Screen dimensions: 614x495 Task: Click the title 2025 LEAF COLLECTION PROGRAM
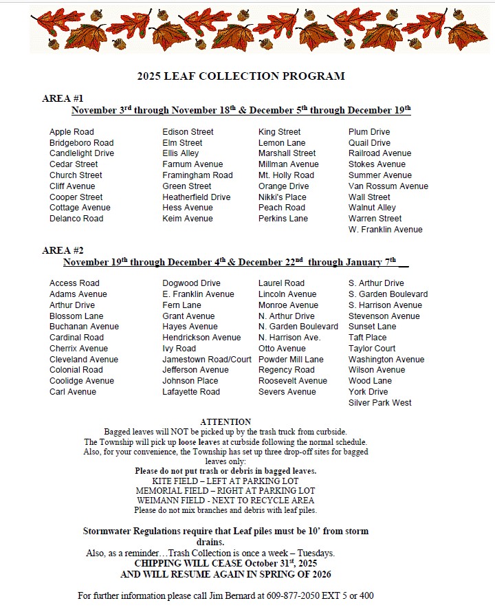[241, 76]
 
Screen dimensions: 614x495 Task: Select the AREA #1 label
[63, 98]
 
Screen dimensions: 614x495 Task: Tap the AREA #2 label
[63, 250]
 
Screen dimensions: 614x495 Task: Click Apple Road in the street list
[71, 132]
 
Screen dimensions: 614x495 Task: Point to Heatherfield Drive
[196, 197]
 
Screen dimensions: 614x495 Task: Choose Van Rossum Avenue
[388, 186]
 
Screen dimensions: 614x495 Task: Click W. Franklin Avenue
[385, 230]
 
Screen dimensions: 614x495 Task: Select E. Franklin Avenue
[198, 294]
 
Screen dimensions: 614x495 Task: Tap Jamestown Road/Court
[206, 360]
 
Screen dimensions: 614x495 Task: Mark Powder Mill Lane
[291, 360]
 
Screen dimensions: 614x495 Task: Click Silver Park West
[379, 403]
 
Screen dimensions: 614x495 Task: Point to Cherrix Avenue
[78, 349]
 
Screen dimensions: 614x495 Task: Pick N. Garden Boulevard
[298, 327]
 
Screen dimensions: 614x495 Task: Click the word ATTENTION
[225, 421]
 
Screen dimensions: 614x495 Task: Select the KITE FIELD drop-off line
[225, 481]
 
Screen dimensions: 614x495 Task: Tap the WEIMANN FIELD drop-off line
[225, 501]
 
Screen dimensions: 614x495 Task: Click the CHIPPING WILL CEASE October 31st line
[225, 562]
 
